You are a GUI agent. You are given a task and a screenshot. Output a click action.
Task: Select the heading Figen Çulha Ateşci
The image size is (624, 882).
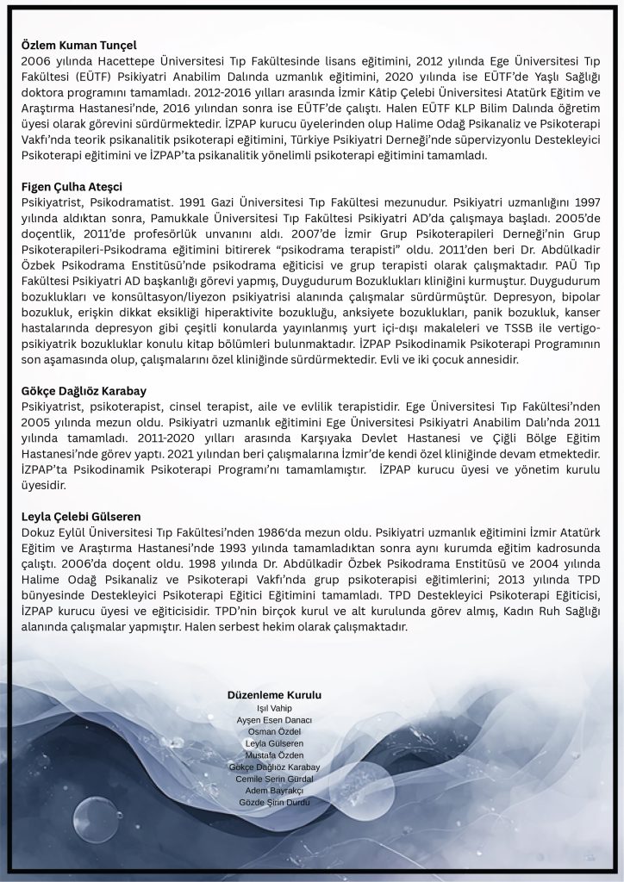(72, 186)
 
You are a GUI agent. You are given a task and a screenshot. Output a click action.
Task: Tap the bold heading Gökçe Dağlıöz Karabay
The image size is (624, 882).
(83, 389)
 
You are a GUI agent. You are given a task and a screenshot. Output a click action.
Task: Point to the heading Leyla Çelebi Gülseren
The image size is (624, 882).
(81, 517)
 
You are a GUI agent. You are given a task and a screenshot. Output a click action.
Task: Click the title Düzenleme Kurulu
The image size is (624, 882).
(274, 694)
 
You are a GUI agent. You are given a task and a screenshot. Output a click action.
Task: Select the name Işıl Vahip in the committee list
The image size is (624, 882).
(274, 708)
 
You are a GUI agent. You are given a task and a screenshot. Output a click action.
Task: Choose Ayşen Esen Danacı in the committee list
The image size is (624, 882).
(274, 720)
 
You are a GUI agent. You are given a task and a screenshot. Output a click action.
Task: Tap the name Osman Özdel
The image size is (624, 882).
(274, 731)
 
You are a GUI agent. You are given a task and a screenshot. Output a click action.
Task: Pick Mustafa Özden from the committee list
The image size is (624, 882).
(274, 755)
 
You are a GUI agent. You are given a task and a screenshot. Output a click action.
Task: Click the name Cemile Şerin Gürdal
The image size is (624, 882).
(274, 779)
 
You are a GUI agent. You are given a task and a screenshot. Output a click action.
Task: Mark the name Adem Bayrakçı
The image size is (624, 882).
(274, 791)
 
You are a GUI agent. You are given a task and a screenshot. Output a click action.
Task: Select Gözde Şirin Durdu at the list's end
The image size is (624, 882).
(274, 803)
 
